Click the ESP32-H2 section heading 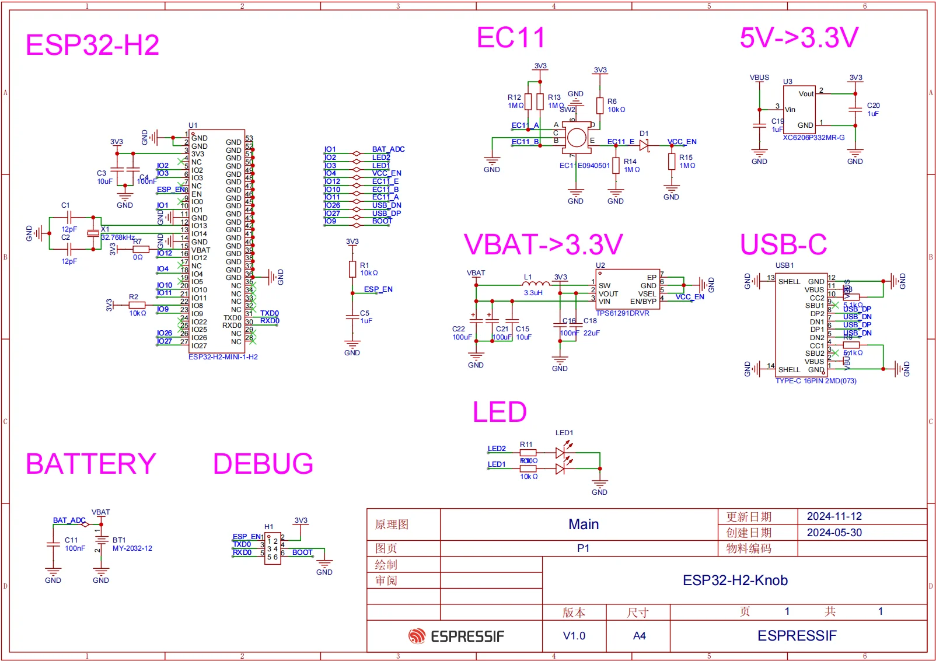92,45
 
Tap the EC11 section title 511,38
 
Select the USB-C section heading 783,244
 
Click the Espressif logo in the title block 456,636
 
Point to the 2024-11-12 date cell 834,516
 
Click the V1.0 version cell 574,636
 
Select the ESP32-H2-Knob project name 735,580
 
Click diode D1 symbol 644,142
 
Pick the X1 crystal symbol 93,233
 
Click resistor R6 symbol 600,106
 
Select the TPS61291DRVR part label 622,313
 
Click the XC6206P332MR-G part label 813,138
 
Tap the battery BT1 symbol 101,541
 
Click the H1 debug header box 272,549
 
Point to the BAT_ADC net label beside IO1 388,149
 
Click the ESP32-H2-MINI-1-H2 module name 223,357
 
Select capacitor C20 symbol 855,109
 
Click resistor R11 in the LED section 528,453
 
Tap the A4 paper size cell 639,636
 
